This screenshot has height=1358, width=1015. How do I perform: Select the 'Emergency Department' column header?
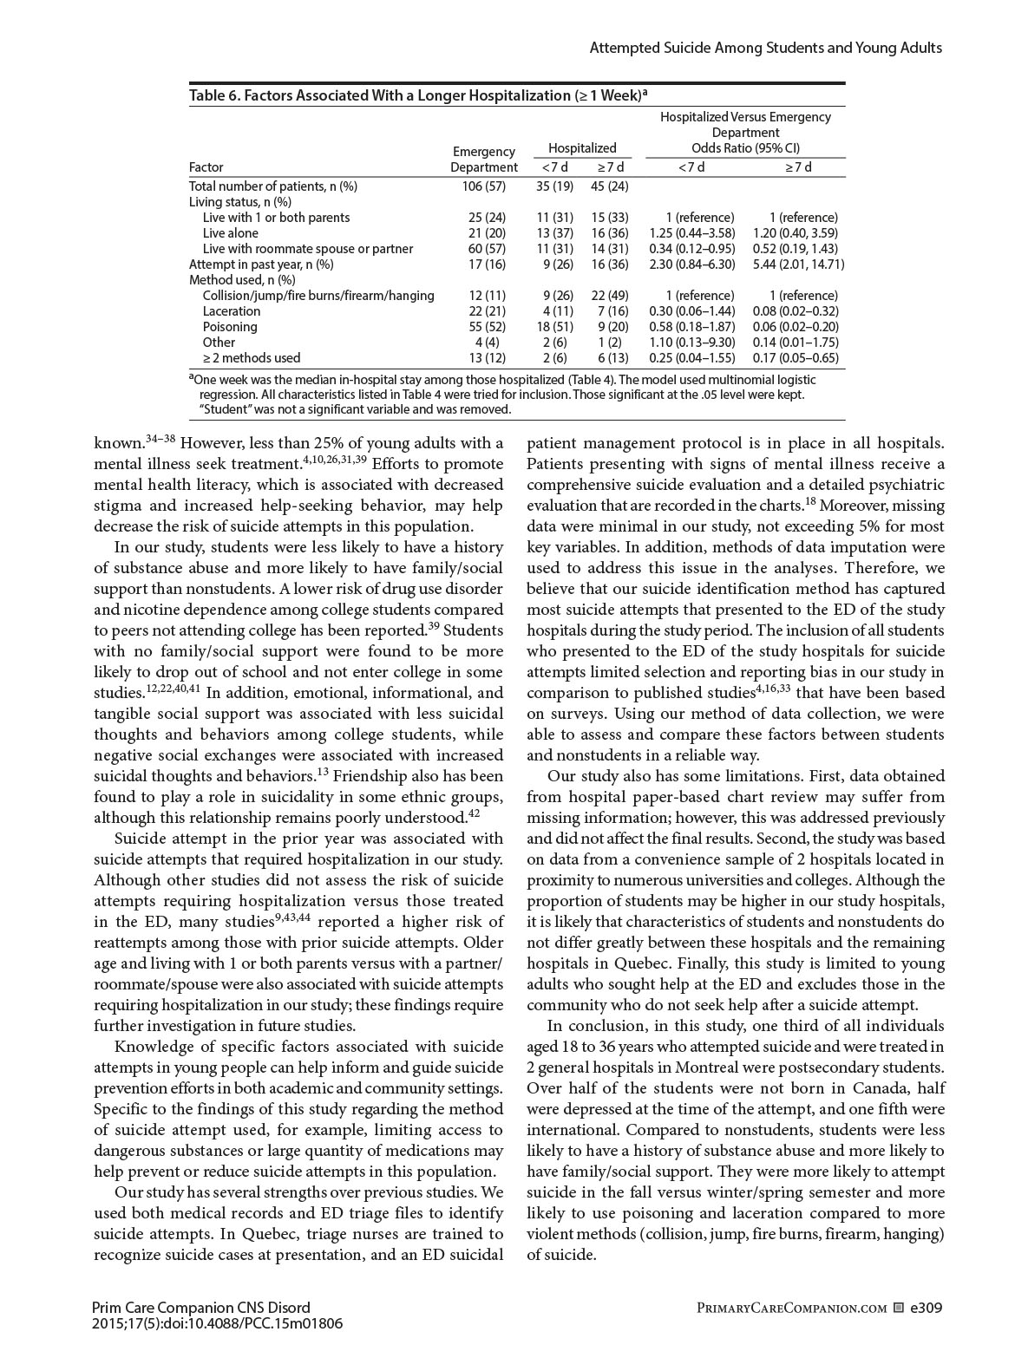point(483,160)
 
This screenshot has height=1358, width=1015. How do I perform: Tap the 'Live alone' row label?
point(231,233)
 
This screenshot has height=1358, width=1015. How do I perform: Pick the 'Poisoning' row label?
point(230,327)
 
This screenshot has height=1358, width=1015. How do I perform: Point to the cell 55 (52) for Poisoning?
point(483,327)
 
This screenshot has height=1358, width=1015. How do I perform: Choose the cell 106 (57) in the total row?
point(483,186)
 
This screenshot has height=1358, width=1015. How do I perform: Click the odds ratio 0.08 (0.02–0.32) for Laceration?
point(806,311)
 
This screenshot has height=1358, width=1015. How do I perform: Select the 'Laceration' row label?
point(232,311)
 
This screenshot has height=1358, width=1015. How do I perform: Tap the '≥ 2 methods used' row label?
point(252,357)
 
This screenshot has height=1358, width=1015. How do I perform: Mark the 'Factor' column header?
point(206,167)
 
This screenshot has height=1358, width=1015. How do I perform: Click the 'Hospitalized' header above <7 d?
point(582,148)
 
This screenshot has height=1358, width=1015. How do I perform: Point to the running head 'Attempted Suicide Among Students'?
point(765,48)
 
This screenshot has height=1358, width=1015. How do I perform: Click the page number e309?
point(926,1308)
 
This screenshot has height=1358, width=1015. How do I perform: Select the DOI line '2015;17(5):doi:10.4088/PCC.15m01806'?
point(217,1324)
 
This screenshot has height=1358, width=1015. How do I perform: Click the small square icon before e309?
point(899,1308)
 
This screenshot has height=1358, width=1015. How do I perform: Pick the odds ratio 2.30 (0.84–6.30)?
point(691,264)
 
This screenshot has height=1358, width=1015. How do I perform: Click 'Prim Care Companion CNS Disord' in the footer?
point(200,1308)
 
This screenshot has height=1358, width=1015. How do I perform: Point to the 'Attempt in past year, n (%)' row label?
point(261,264)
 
